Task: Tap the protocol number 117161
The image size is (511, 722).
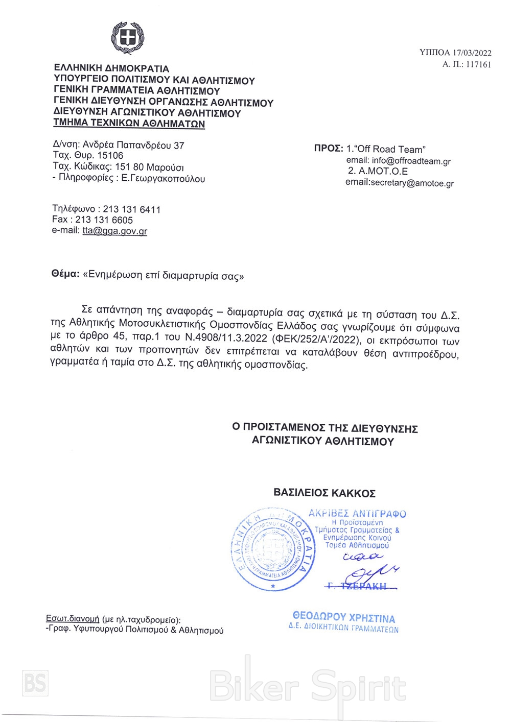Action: (479, 65)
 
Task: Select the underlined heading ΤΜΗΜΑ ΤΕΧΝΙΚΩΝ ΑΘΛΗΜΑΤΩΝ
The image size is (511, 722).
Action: (129, 124)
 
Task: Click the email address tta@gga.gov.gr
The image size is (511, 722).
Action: (114, 231)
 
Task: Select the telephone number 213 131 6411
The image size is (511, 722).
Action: (132, 209)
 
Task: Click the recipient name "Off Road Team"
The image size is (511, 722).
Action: (390, 150)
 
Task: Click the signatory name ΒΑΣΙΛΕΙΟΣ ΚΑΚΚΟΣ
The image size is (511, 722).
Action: (324, 493)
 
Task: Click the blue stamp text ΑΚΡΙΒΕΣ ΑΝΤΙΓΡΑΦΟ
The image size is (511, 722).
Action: (357, 514)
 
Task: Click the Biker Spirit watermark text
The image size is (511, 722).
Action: (308, 687)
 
